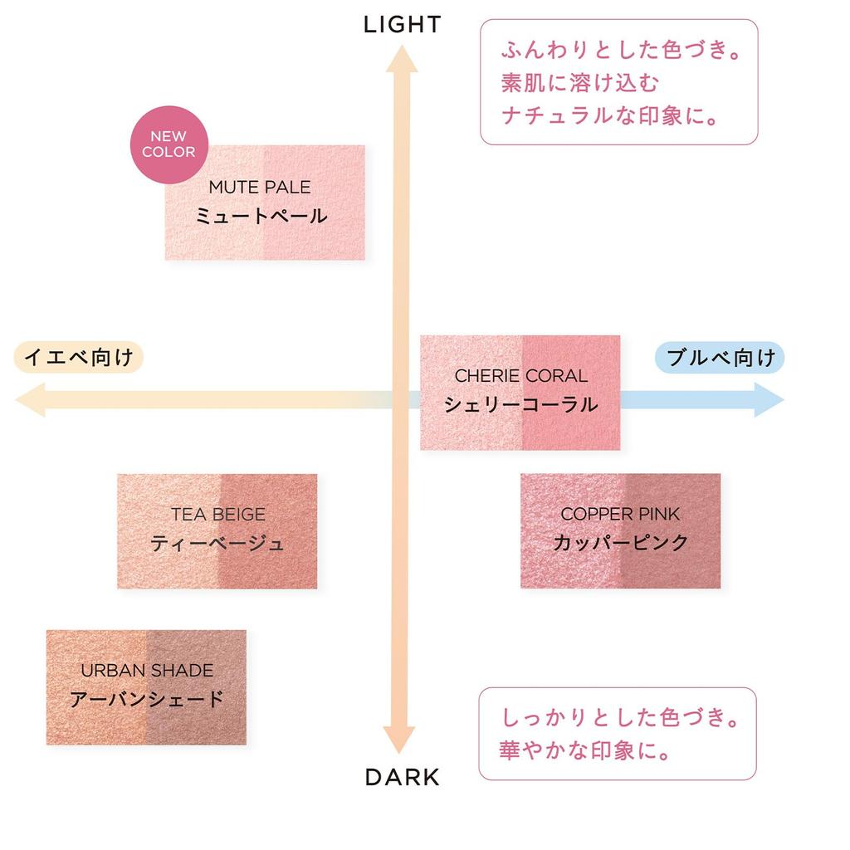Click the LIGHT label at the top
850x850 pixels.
coord(402,25)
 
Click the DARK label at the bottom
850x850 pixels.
coord(402,777)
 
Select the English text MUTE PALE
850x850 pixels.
coord(260,188)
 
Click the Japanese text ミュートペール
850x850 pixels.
coord(261,217)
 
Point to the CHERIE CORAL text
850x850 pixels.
coord(520,376)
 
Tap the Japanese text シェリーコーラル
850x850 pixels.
coord(520,404)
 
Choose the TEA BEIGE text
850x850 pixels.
coord(218,515)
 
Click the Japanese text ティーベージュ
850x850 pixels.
coord(217,544)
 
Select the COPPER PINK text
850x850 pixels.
coord(620,515)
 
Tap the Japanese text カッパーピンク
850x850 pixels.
coord(620,543)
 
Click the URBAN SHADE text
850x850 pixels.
coord(147,670)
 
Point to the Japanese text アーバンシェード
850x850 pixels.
coord(147,699)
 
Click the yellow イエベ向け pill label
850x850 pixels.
coord(79,358)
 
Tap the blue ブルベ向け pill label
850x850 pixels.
coord(721,358)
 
